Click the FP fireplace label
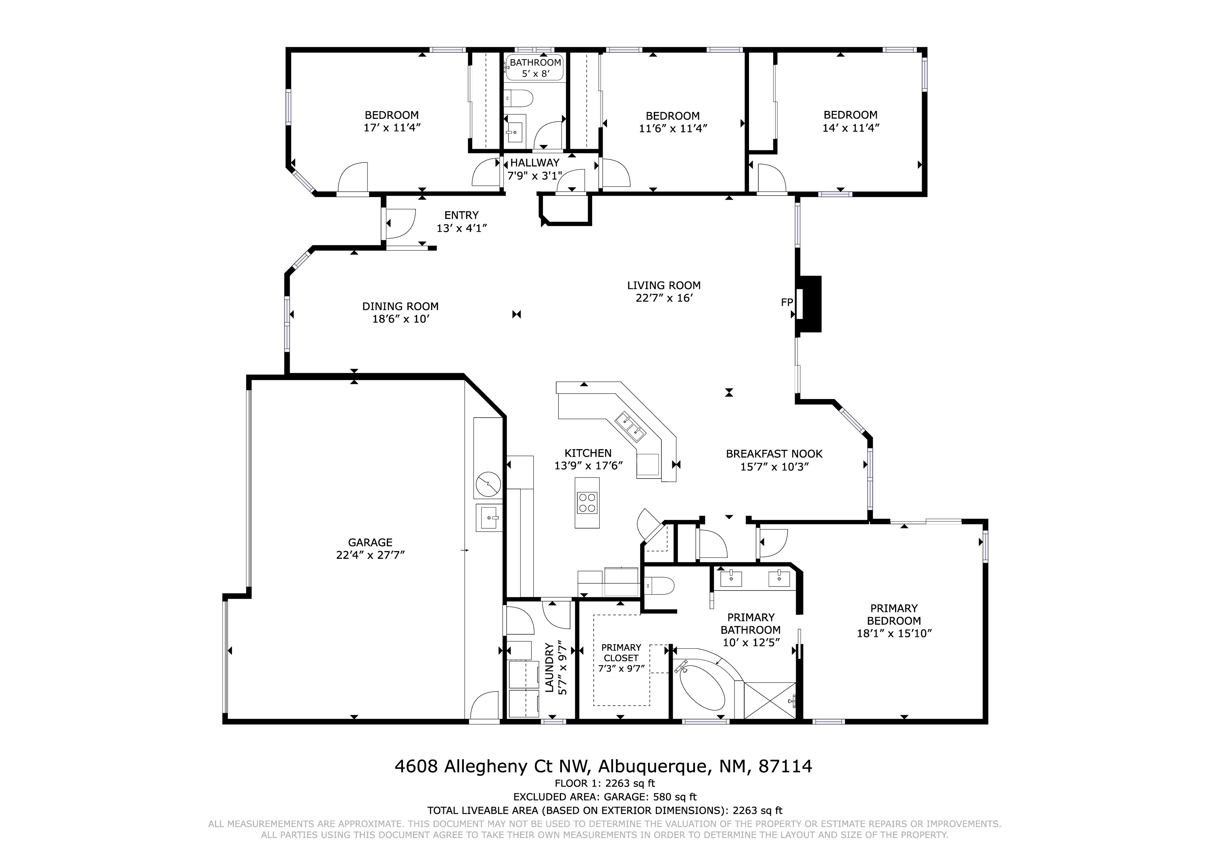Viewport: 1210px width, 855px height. click(x=787, y=302)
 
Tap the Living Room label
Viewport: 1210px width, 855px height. click(x=663, y=285)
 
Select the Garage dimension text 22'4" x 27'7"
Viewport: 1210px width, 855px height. click(x=370, y=555)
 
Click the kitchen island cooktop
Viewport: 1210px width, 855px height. click(x=587, y=501)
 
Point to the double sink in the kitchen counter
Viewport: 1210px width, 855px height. click(x=630, y=427)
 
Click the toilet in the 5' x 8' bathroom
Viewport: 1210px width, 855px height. click(x=519, y=98)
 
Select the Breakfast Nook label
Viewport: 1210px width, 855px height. click(x=774, y=454)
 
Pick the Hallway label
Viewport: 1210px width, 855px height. click(x=534, y=163)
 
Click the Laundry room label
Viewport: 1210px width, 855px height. click(x=549, y=668)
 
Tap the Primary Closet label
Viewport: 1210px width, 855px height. click(x=622, y=653)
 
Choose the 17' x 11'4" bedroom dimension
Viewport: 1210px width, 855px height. click(x=392, y=127)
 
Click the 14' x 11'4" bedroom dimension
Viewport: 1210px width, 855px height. click(x=851, y=127)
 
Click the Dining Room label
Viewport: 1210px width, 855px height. click(x=400, y=306)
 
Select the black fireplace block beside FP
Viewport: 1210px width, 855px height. click(x=809, y=304)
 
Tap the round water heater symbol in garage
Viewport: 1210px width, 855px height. click(x=488, y=485)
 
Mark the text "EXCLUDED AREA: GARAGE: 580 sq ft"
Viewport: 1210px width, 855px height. click(x=605, y=797)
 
